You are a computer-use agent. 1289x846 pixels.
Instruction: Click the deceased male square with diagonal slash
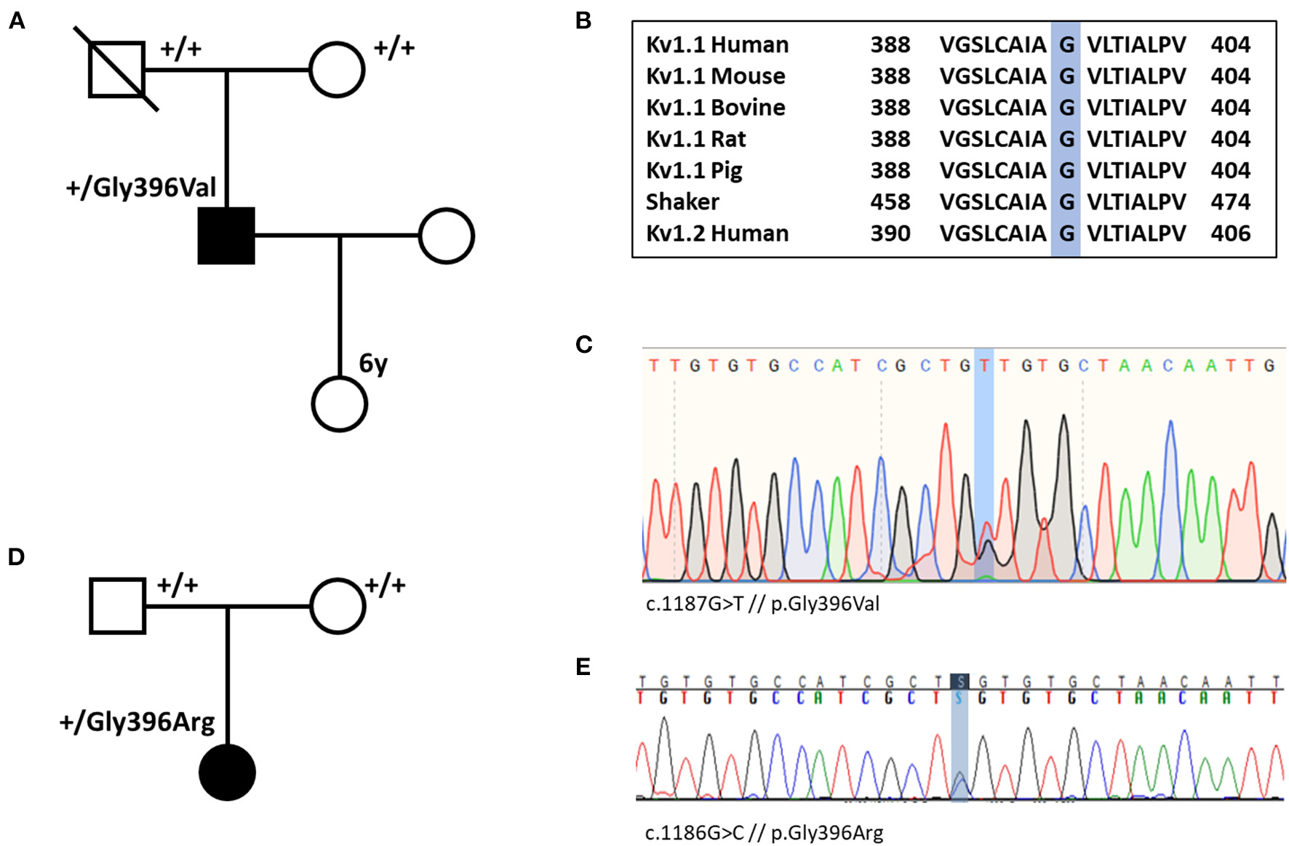pos(116,70)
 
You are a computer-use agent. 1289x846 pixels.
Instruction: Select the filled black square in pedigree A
pos(226,236)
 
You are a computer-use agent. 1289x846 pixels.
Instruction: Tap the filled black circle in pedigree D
pos(227,772)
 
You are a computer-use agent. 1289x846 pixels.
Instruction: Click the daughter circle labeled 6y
pos(339,404)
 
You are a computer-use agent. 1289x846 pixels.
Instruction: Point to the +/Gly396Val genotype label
pos(141,188)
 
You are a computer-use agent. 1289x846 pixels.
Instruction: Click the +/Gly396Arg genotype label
pos(137,722)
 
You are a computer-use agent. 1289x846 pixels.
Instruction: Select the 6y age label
pos(373,362)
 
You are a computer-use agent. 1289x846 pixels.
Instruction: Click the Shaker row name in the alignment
pos(682,201)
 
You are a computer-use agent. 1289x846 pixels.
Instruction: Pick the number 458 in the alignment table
pos(890,201)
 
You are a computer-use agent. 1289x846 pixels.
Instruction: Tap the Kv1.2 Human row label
pos(717,234)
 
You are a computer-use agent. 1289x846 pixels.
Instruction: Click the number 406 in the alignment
pos(1230,234)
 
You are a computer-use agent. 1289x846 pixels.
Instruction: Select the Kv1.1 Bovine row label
pos(715,108)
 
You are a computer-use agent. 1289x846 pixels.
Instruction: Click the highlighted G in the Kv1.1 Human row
pos(1066,45)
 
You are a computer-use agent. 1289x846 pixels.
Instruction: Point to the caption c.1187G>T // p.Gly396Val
pos(762,604)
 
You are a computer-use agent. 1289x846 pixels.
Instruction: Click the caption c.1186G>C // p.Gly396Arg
pos(764,833)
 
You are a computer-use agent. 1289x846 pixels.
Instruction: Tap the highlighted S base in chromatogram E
pos(960,682)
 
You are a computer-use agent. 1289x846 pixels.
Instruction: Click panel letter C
pos(583,344)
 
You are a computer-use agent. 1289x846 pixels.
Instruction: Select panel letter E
pos(583,666)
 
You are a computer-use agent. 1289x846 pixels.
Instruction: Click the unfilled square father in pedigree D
pos(117,606)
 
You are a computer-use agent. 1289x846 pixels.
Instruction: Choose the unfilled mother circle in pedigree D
pos(338,606)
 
